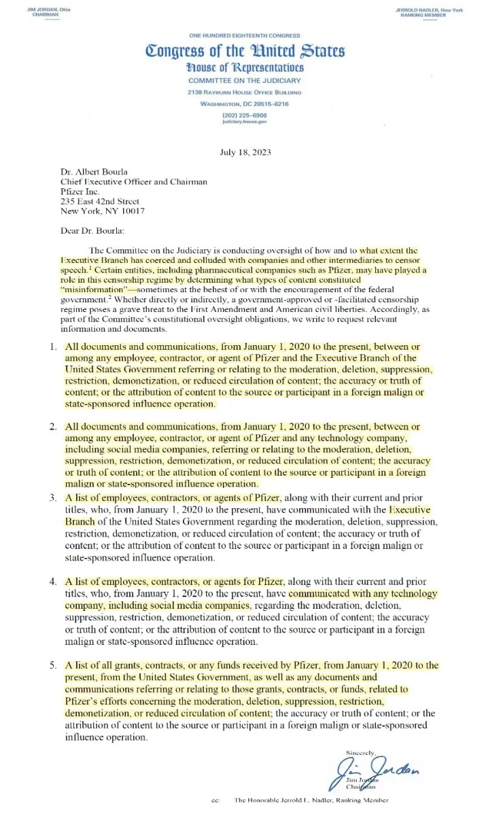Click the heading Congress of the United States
(x=244, y=52)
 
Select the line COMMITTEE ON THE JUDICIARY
(x=244, y=81)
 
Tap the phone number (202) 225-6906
(x=244, y=115)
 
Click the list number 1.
(x=52, y=347)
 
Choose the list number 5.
(x=52, y=665)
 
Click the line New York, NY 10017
(x=103, y=211)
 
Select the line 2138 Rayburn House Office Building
(x=244, y=92)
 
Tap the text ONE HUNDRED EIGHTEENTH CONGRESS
(x=244, y=35)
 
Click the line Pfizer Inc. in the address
(x=80, y=192)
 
